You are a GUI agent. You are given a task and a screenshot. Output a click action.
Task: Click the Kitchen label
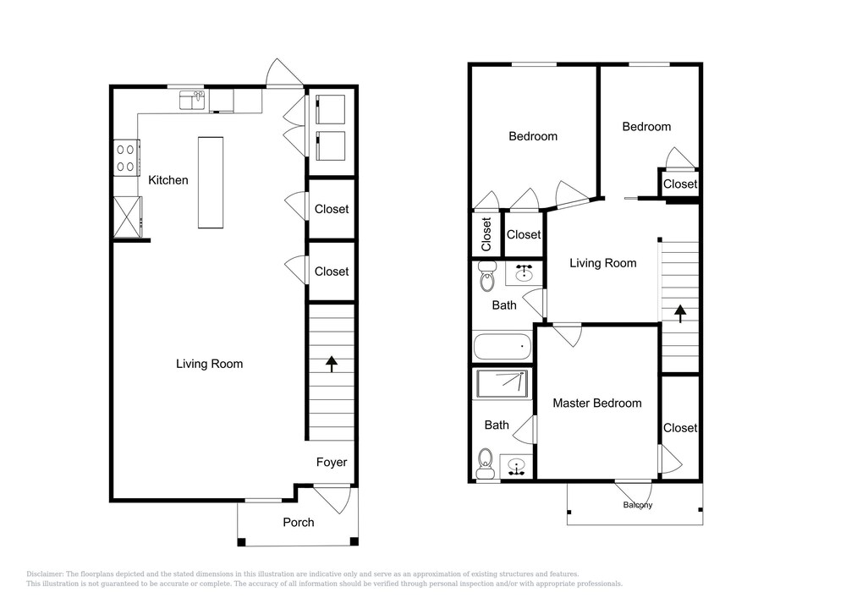point(168,180)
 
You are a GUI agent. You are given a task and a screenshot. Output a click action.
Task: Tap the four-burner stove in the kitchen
point(126,157)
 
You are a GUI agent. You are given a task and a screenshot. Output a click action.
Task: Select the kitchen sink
point(192,101)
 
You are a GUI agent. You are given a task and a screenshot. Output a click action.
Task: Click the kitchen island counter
point(211,182)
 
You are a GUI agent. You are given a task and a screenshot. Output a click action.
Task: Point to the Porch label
point(299,522)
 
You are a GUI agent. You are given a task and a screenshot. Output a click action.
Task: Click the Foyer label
point(332,462)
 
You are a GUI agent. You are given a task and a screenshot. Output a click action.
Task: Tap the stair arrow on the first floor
point(332,364)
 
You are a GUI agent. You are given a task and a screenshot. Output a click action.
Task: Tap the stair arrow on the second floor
point(680,313)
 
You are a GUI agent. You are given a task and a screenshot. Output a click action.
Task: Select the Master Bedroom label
point(597,403)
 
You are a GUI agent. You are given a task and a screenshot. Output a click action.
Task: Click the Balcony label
point(638,505)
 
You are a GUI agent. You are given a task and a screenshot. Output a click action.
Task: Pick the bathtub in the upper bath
point(503,347)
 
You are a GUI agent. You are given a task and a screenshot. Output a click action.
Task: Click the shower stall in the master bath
point(503,383)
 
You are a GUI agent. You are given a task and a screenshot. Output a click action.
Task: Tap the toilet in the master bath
point(486,464)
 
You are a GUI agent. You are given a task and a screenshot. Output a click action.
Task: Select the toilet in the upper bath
point(488,277)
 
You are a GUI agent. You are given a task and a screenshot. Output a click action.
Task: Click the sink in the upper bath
point(524,273)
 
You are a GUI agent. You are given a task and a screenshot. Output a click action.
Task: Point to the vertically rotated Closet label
point(486,234)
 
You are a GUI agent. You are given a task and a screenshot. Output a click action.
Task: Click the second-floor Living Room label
point(602,263)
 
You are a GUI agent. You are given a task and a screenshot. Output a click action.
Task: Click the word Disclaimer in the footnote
point(45,574)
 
